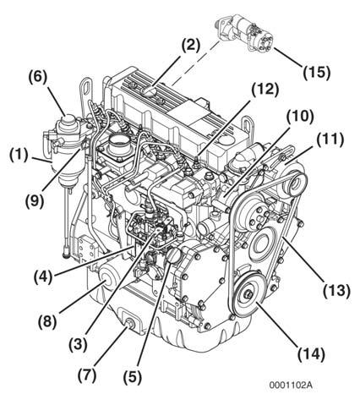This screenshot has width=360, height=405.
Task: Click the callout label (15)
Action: tap(316, 73)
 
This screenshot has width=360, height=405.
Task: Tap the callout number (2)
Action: tap(191, 45)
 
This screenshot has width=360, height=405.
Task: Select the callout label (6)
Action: tap(37, 78)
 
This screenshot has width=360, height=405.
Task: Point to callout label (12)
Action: tap(265, 90)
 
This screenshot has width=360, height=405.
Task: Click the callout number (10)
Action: tap(300, 117)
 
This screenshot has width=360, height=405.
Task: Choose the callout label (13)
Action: tap(337, 291)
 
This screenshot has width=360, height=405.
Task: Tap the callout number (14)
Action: tap(312, 354)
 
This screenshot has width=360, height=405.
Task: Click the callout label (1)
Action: tap(19, 156)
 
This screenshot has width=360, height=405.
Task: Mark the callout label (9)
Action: tap(35, 202)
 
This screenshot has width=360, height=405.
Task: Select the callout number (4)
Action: tap(43, 277)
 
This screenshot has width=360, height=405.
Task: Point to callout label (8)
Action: tap(47, 322)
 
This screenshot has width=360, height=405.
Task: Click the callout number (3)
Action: tap(78, 344)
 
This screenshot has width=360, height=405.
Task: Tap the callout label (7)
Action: tap(87, 375)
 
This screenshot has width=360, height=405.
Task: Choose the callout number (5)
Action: tap(133, 377)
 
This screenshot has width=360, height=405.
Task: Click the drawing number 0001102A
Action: tap(291, 385)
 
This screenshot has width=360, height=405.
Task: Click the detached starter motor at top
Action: tap(244, 35)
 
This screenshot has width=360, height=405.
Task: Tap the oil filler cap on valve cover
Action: tap(150, 91)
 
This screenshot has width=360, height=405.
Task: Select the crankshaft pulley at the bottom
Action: tap(248, 294)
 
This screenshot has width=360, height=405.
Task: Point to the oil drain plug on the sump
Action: tap(130, 324)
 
